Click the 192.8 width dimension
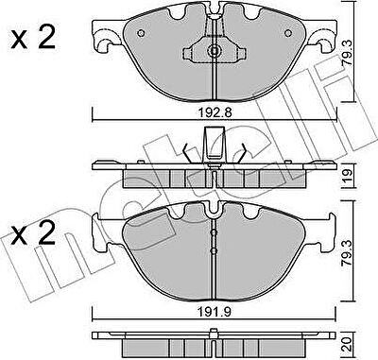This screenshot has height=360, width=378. coord(215,112)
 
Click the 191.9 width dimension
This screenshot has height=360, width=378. coord(215,312)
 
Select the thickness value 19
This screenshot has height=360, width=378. coord(348,177)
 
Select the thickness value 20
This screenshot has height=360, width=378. coord(348,344)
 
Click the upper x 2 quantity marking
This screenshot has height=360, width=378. coord(33,38)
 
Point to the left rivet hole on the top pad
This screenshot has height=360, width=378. coord(141,33)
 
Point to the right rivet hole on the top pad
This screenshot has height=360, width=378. coord(288,33)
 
